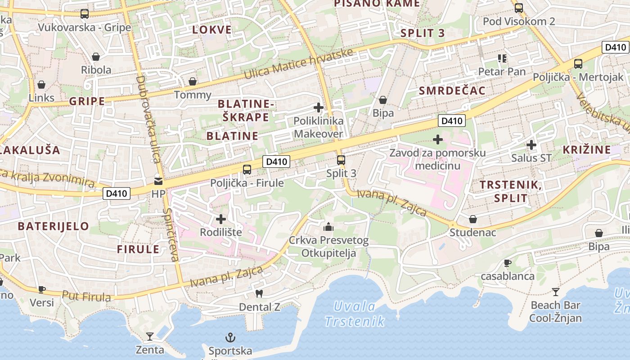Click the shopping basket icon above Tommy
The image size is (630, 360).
[193, 81]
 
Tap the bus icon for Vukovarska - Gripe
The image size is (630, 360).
[85, 14]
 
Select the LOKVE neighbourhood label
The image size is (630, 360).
[212, 30]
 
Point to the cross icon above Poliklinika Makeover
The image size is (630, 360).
[319, 108]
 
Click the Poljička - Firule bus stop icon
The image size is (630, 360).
[247, 170]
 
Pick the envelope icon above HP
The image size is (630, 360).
[158, 181]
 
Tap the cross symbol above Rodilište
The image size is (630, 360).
[221, 219]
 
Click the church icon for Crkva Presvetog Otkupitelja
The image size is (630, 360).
[328, 226]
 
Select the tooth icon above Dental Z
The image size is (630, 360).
[259, 294]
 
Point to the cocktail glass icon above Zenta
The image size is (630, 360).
[150, 336]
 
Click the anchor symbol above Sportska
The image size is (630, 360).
[230, 337]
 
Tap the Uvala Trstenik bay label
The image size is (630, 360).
[355, 314]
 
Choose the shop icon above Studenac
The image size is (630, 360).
[473, 219]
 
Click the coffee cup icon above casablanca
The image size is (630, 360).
[508, 263]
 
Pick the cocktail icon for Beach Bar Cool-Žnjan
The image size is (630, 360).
[556, 292]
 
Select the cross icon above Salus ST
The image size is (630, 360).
[531, 145]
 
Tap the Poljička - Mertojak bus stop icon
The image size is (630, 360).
[578, 64]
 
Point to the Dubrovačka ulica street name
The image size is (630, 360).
[148, 119]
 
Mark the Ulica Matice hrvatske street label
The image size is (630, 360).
[298, 65]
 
